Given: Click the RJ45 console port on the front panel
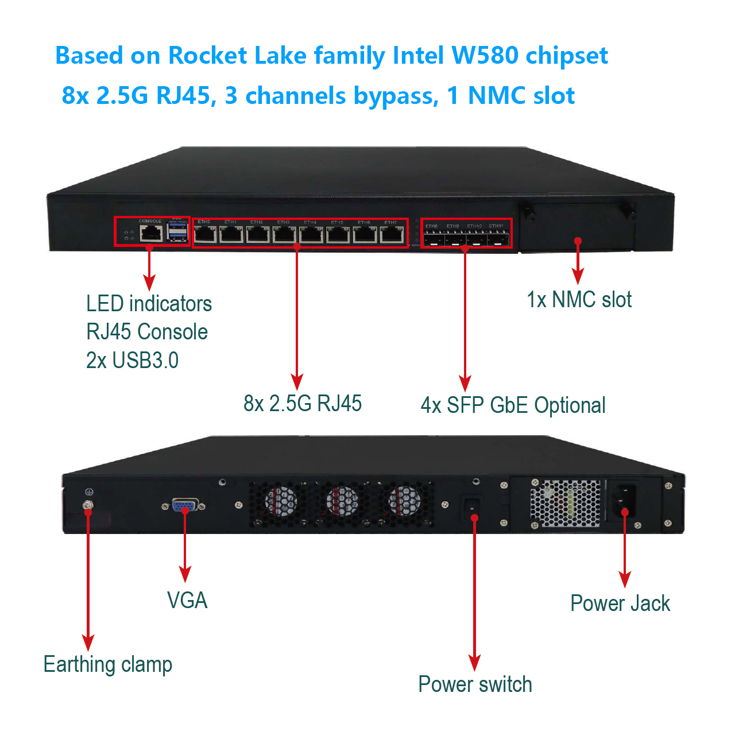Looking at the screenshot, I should [151, 234].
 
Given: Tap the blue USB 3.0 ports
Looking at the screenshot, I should [177, 232].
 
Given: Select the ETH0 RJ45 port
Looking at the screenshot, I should [205, 234].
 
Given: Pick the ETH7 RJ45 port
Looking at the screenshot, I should [392, 234].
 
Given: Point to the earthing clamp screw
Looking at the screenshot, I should [88, 506].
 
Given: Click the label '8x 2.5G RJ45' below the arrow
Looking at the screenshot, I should [303, 404].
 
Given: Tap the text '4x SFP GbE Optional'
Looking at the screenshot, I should [513, 405].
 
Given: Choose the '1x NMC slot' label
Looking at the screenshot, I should [579, 300].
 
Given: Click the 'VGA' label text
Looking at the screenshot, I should [187, 601].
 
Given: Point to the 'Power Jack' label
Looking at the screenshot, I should [620, 604].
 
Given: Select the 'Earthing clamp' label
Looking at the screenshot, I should [108, 664].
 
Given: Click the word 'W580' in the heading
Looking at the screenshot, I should [485, 56].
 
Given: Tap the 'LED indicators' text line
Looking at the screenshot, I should [149, 304].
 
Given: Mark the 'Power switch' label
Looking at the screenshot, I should [475, 684].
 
